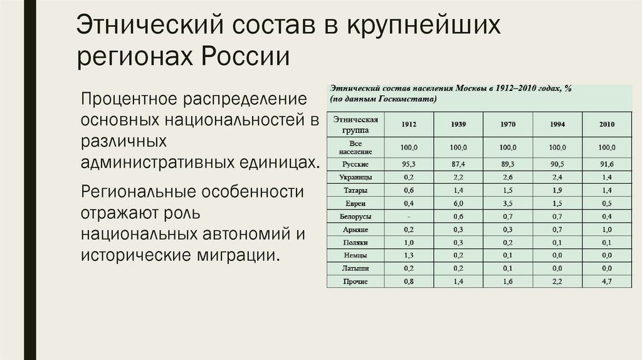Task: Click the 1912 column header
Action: point(409,124)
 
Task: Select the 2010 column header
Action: point(607,124)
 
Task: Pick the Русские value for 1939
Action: point(458,164)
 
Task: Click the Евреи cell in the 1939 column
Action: point(458,203)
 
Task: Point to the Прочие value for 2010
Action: point(607,282)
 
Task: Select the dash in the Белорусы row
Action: point(409,216)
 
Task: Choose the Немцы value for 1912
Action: point(409,256)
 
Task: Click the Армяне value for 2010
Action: point(607,230)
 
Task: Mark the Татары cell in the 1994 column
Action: point(557,190)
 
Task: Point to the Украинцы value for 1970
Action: point(508,177)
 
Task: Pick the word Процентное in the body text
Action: point(128,100)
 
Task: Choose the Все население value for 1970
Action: point(508,148)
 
